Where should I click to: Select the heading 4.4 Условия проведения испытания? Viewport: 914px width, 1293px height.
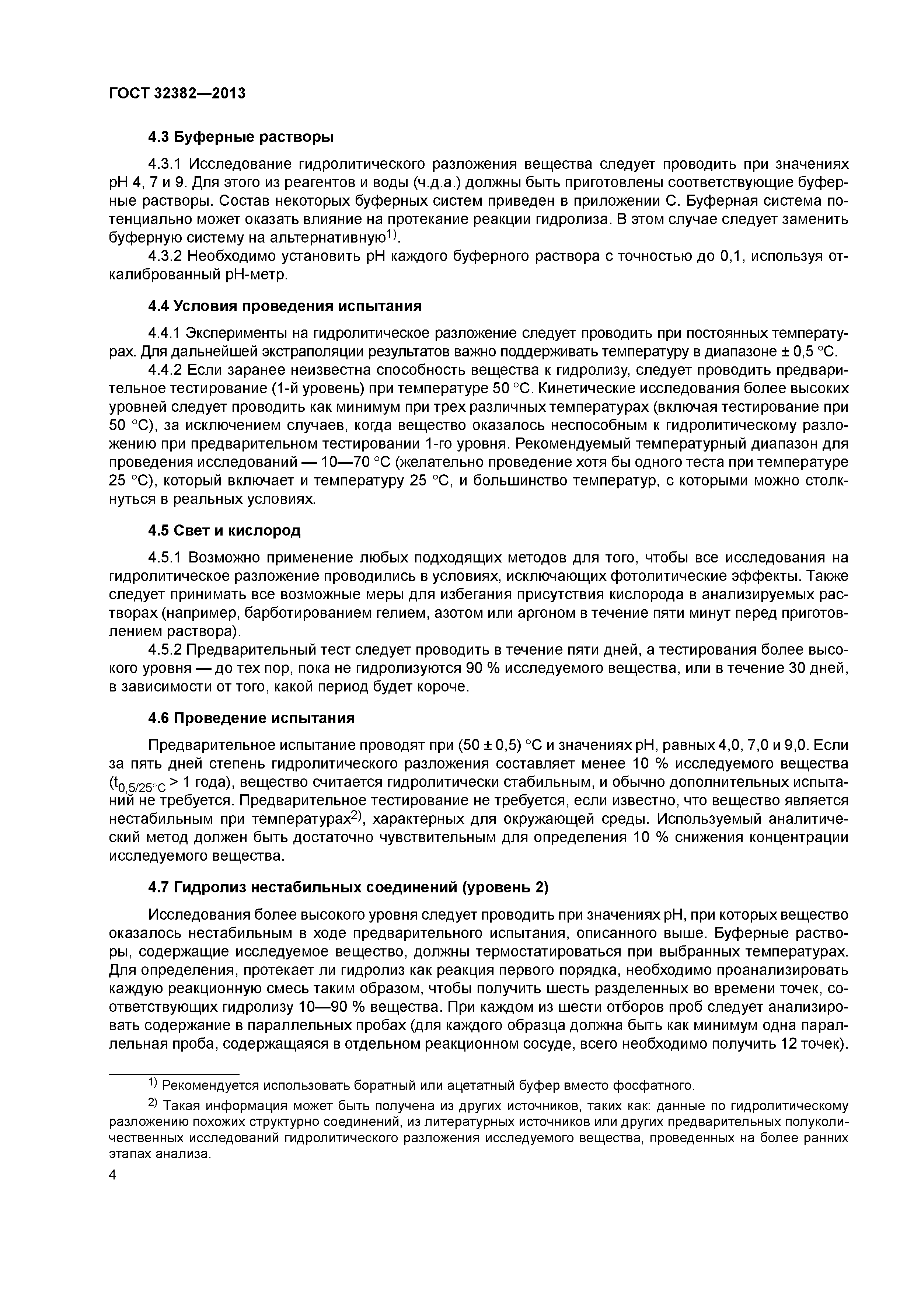click(285, 306)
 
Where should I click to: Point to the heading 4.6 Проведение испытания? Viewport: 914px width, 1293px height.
click(251, 718)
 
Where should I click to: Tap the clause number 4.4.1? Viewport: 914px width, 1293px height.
click(165, 334)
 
